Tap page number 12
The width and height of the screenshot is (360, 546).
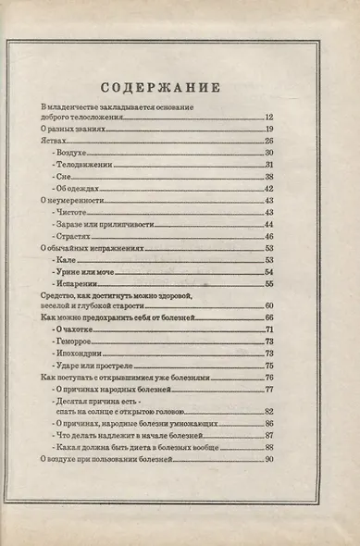click(269, 118)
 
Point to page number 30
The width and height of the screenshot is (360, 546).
click(269, 152)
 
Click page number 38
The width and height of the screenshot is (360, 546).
click(269, 176)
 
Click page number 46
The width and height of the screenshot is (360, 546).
click(269, 236)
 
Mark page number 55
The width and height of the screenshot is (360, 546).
click(269, 283)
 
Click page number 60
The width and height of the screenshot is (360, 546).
click(269, 305)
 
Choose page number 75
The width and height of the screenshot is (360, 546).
click(269, 366)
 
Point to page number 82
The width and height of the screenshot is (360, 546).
click(269, 411)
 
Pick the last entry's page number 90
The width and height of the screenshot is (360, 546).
click(269, 458)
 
